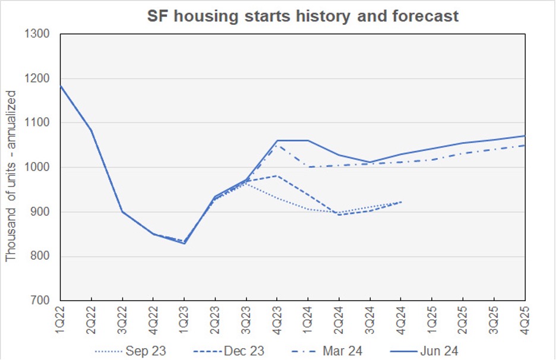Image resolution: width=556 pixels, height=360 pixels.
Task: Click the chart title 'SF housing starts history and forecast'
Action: coord(303,16)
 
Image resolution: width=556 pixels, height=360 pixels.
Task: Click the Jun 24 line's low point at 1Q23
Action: coord(184,244)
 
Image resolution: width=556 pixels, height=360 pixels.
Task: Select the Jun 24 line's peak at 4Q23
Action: coord(277,141)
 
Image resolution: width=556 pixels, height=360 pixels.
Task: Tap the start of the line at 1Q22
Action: coord(61,87)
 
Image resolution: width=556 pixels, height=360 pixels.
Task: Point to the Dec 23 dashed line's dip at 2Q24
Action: coord(339,214)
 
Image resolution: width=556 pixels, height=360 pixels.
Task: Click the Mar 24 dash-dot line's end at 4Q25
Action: coord(525,146)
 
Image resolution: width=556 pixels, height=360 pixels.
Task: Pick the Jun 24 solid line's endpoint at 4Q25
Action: coord(525,136)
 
